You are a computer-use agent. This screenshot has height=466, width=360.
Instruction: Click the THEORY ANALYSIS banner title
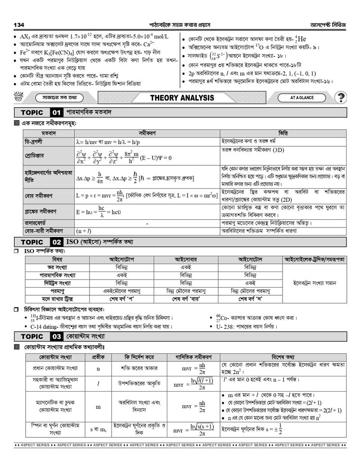click(x=182, y=98)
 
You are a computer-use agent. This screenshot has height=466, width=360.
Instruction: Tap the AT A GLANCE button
click(x=302, y=97)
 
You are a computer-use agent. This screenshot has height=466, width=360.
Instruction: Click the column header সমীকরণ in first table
click(x=147, y=133)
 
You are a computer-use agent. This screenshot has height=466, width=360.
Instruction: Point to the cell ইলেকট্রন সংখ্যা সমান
click(x=315, y=283)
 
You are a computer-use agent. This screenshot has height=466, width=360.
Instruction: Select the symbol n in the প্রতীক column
click(x=98, y=368)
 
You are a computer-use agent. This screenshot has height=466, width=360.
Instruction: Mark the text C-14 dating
click(x=45, y=326)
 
